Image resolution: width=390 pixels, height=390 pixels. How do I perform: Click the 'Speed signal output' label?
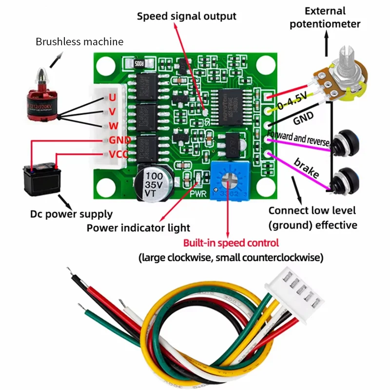(186, 16)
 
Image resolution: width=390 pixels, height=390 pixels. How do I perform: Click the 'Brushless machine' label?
(79, 41)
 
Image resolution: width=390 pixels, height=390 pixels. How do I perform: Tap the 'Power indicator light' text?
(138, 228)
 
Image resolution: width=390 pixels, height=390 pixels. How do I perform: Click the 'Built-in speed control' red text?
(231, 243)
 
